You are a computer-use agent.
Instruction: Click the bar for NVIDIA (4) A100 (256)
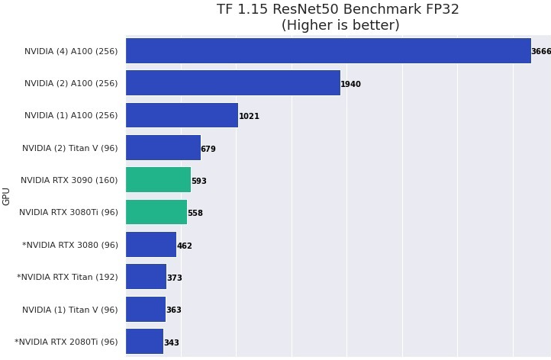328,51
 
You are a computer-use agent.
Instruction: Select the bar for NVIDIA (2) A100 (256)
233,83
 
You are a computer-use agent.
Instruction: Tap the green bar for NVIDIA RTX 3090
158,180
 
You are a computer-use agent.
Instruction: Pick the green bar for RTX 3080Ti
156,212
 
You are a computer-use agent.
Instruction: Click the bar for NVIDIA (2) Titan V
163,148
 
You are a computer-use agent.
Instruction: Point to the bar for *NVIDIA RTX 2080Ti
144,342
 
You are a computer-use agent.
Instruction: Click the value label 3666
541,52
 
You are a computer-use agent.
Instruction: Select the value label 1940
350,85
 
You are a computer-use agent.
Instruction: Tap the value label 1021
249,117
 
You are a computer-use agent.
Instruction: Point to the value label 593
198,182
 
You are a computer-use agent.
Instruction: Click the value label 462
184,246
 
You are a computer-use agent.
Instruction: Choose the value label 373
174,278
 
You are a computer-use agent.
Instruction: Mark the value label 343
171,343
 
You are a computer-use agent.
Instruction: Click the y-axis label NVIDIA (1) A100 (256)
71,116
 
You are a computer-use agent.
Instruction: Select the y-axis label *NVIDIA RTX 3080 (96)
70,246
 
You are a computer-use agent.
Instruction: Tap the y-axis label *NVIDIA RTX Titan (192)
67,278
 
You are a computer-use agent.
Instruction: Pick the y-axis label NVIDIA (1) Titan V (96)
70,310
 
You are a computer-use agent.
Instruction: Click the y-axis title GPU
7,196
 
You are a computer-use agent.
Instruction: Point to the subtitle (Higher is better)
340,25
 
